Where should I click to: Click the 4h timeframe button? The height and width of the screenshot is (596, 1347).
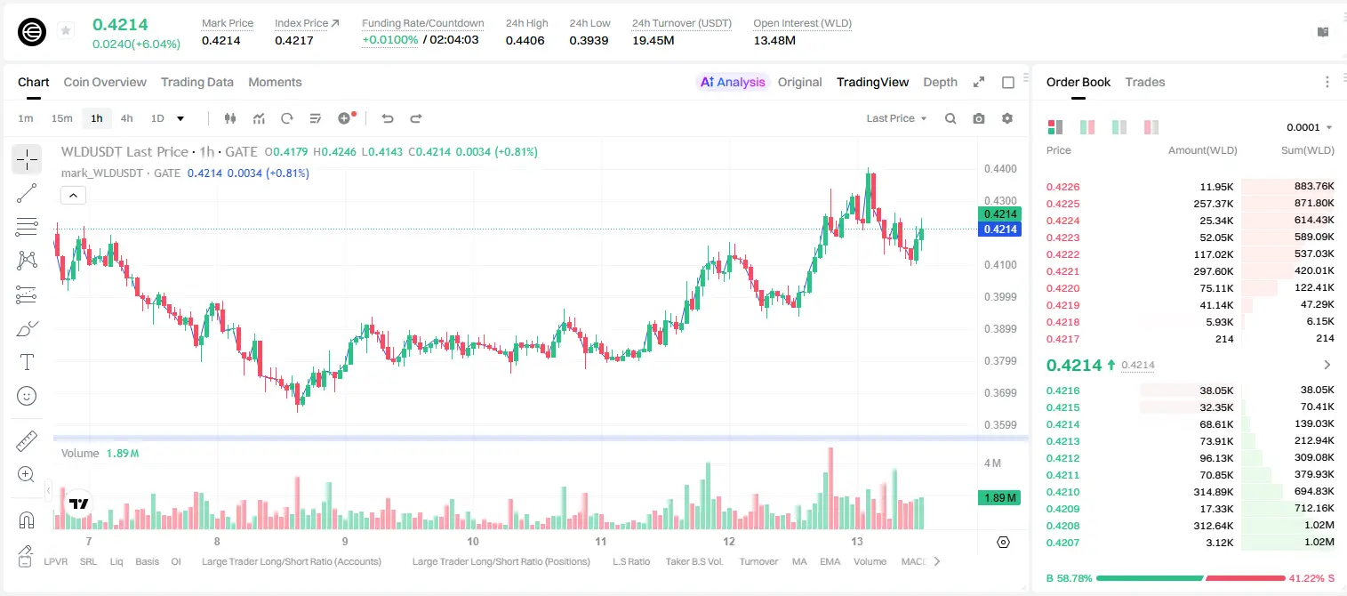(x=126, y=118)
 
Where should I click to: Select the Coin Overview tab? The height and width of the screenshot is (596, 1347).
(x=105, y=82)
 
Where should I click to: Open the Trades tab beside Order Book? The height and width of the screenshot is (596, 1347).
(x=1144, y=82)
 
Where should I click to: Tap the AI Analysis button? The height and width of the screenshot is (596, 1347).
(x=733, y=82)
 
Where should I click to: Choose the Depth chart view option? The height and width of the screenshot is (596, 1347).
(x=940, y=82)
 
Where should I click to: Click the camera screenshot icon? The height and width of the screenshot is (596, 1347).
(x=978, y=118)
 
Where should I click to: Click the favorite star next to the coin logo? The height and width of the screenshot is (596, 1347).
(x=66, y=30)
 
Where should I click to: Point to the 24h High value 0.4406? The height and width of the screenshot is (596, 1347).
(x=525, y=40)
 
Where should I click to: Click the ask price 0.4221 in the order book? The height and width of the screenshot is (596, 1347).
(x=1062, y=271)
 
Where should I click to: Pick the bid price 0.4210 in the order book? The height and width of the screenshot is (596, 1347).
(x=1062, y=492)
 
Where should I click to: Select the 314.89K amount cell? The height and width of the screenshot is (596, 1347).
(x=1213, y=492)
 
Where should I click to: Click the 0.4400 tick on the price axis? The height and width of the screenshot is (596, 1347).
(x=1000, y=169)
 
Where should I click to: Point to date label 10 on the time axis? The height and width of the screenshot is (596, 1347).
(x=473, y=541)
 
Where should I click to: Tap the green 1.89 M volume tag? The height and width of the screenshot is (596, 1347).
(x=998, y=497)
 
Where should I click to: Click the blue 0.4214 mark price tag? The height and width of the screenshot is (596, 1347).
(x=999, y=230)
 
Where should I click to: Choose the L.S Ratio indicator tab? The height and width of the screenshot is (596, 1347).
(x=630, y=561)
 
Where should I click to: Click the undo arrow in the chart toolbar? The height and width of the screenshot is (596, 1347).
(x=388, y=118)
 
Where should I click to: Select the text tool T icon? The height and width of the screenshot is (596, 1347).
(x=27, y=362)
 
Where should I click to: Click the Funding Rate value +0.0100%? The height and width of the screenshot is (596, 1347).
(x=389, y=40)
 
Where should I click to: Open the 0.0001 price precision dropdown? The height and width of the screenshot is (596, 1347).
(x=1309, y=127)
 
